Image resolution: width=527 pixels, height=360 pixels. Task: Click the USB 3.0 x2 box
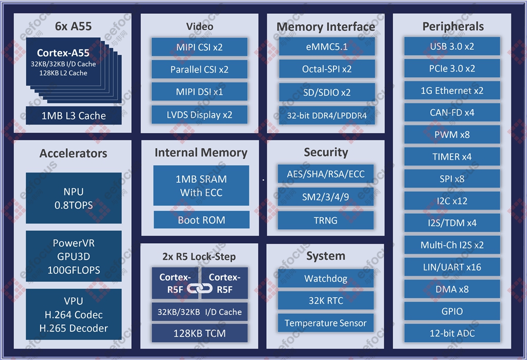[x=452, y=46]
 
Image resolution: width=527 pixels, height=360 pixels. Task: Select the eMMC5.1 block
[x=326, y=47]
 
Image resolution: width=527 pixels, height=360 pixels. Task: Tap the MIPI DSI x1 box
[x=199, y=92]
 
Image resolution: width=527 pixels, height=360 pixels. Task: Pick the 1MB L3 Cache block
[x=74, y=116]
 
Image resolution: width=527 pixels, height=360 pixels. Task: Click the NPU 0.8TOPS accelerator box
[x=74, y=198]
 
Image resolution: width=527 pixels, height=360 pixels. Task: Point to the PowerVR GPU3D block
[x=74, y=256]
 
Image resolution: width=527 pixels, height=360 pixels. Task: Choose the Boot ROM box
[x=201, y=220]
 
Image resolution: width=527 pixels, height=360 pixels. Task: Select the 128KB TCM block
[x=199, y=333]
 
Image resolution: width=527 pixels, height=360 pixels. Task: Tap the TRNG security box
[x=326, y=220]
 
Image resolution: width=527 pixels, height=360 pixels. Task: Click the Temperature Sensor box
[x=325, y=323]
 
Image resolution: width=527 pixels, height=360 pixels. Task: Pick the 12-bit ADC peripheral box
[x=452, y=333]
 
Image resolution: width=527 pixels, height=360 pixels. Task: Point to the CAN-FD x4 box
[x=452, y=112]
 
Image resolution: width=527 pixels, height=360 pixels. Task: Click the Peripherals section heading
[x=453, y=26]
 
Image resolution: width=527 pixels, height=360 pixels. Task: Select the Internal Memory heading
[x=201, y=152]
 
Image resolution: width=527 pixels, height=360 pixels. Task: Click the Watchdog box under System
[x=325, y=279]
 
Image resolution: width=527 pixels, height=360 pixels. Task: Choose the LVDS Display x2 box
[x=199, y=114]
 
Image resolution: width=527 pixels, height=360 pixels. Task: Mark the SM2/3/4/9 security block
[x=326, y=197]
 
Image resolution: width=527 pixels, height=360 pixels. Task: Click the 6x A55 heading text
[x=73, y=26]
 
